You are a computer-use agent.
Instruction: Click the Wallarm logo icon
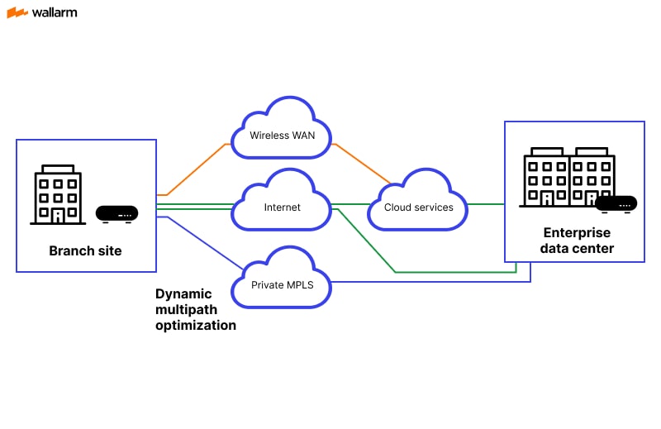(17, 12)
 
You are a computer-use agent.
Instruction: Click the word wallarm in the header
(55, 12)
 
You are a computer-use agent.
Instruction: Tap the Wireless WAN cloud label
(282, 135)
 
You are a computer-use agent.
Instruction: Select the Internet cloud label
(282, 207)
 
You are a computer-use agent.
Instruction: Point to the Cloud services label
(419, 207)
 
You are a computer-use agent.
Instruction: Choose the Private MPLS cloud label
(282, 285)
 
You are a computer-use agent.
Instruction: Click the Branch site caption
(85, 251)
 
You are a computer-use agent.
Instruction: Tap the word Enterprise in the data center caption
(577, 233)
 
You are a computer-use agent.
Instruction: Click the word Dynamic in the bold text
(183, 294)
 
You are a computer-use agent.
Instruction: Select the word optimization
(196, 326)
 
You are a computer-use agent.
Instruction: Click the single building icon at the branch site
(58, 194)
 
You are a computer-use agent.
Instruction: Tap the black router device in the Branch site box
(117, 213)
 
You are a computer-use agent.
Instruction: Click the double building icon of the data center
(568, 177)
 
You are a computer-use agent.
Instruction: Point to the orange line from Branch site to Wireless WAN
(198, 169)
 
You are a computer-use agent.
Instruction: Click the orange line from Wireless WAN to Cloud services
(362, 163)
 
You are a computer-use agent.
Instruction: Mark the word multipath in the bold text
(186, 310)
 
